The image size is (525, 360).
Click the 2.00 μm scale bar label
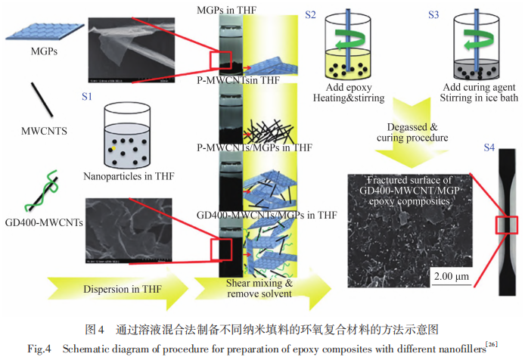(x=451, y=276)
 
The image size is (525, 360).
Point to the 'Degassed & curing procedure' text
(x=416, y=134)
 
